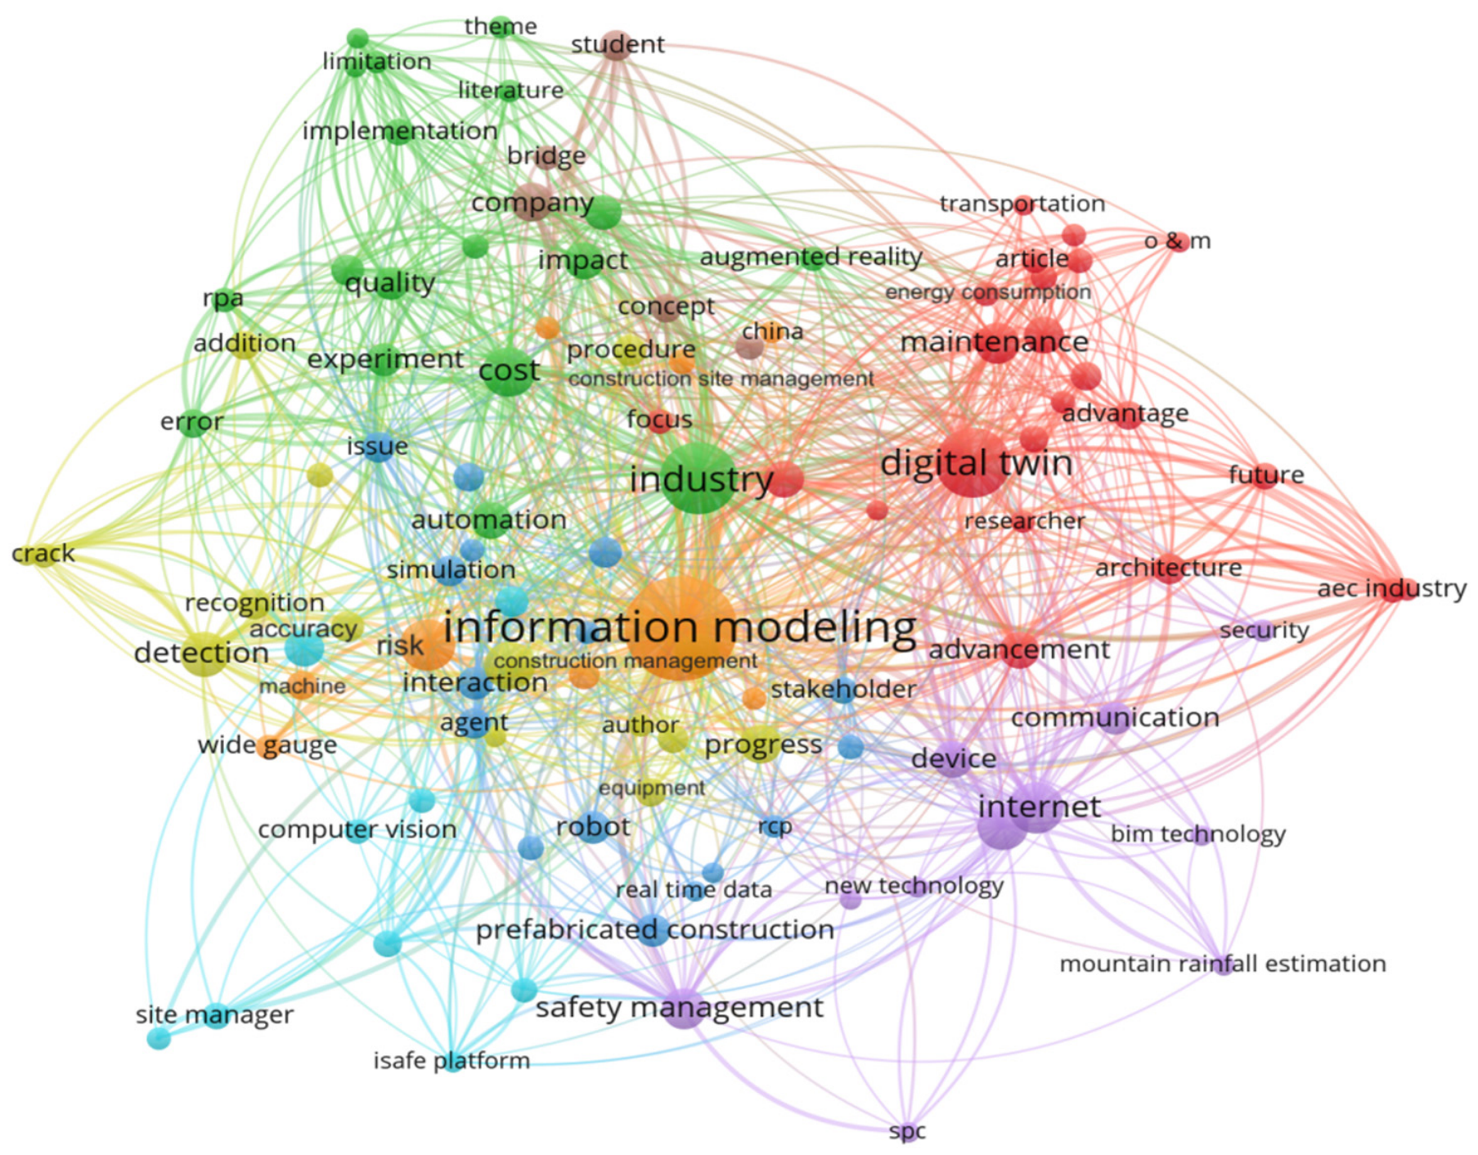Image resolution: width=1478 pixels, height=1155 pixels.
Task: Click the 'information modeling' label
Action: (680, 628)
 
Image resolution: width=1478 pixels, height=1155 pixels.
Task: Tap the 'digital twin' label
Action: (977, 463)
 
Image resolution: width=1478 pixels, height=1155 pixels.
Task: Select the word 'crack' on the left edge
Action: (43, 554)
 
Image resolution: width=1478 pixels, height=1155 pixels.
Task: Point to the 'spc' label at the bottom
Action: (907, 1132)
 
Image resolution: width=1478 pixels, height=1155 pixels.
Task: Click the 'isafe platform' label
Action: (451, 1061)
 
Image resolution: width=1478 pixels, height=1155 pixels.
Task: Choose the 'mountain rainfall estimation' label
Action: (1223, 964)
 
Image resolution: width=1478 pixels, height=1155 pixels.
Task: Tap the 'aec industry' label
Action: (1392, 588)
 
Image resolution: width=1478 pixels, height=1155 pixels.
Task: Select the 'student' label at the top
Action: (618, 44)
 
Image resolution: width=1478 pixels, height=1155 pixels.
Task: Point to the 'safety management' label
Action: (680, 1008)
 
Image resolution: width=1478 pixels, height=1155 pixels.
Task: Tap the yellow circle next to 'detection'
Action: (204, 653)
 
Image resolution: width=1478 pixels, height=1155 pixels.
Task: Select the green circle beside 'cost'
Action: (509, 372)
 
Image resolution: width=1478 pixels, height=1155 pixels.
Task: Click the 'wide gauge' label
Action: (267, 746)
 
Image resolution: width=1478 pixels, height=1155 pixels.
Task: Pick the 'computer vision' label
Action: (357, 829)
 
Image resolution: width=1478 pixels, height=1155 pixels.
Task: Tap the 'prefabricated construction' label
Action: (655, 930)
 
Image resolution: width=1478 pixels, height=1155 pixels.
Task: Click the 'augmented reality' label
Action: (811, 258)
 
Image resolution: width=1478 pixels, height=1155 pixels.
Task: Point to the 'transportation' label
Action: (1022, 204)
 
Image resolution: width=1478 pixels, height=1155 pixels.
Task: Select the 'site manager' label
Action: (214, 1015)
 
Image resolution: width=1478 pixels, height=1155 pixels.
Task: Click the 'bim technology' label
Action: (1198, 834)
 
